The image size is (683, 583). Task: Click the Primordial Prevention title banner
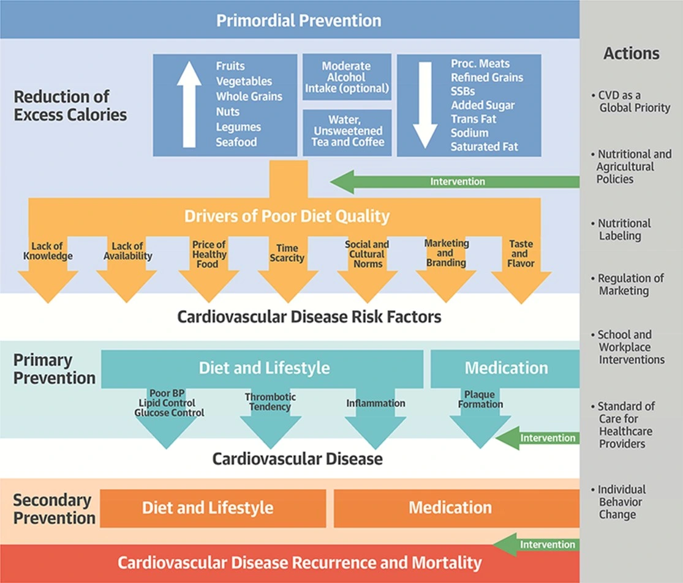299,20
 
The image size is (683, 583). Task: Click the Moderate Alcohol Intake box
347,77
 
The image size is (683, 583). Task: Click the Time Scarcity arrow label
287,253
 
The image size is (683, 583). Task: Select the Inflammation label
375,404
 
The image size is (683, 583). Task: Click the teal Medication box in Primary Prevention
506,368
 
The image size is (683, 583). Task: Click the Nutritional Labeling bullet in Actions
624,229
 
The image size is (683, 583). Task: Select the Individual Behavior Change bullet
621,502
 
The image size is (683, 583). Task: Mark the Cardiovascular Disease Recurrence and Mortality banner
299,563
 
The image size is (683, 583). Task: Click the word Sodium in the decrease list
469,133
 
